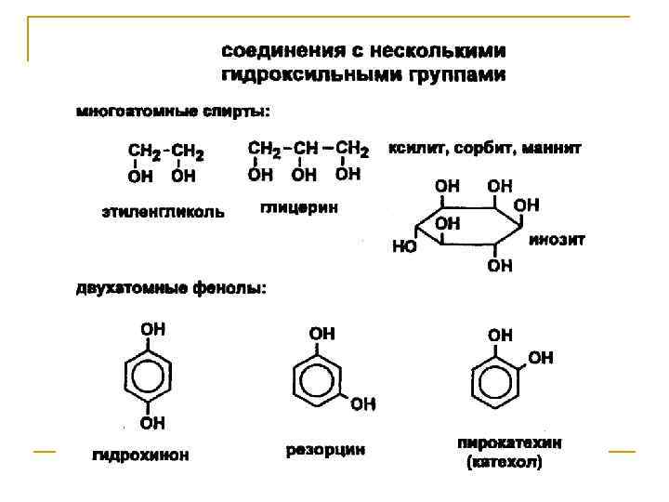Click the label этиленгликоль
point(163,212)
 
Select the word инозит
point(557,239)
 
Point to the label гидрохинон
point(140,456)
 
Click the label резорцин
point(325,450)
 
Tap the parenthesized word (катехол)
point(503,462)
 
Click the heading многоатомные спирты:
point(173,112)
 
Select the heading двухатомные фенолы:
point(171,289)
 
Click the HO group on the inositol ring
point(404,247)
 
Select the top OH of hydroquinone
point(153,328)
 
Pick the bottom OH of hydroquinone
point(153,424)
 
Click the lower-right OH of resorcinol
point(363,403)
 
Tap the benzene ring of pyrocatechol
point(500,381)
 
